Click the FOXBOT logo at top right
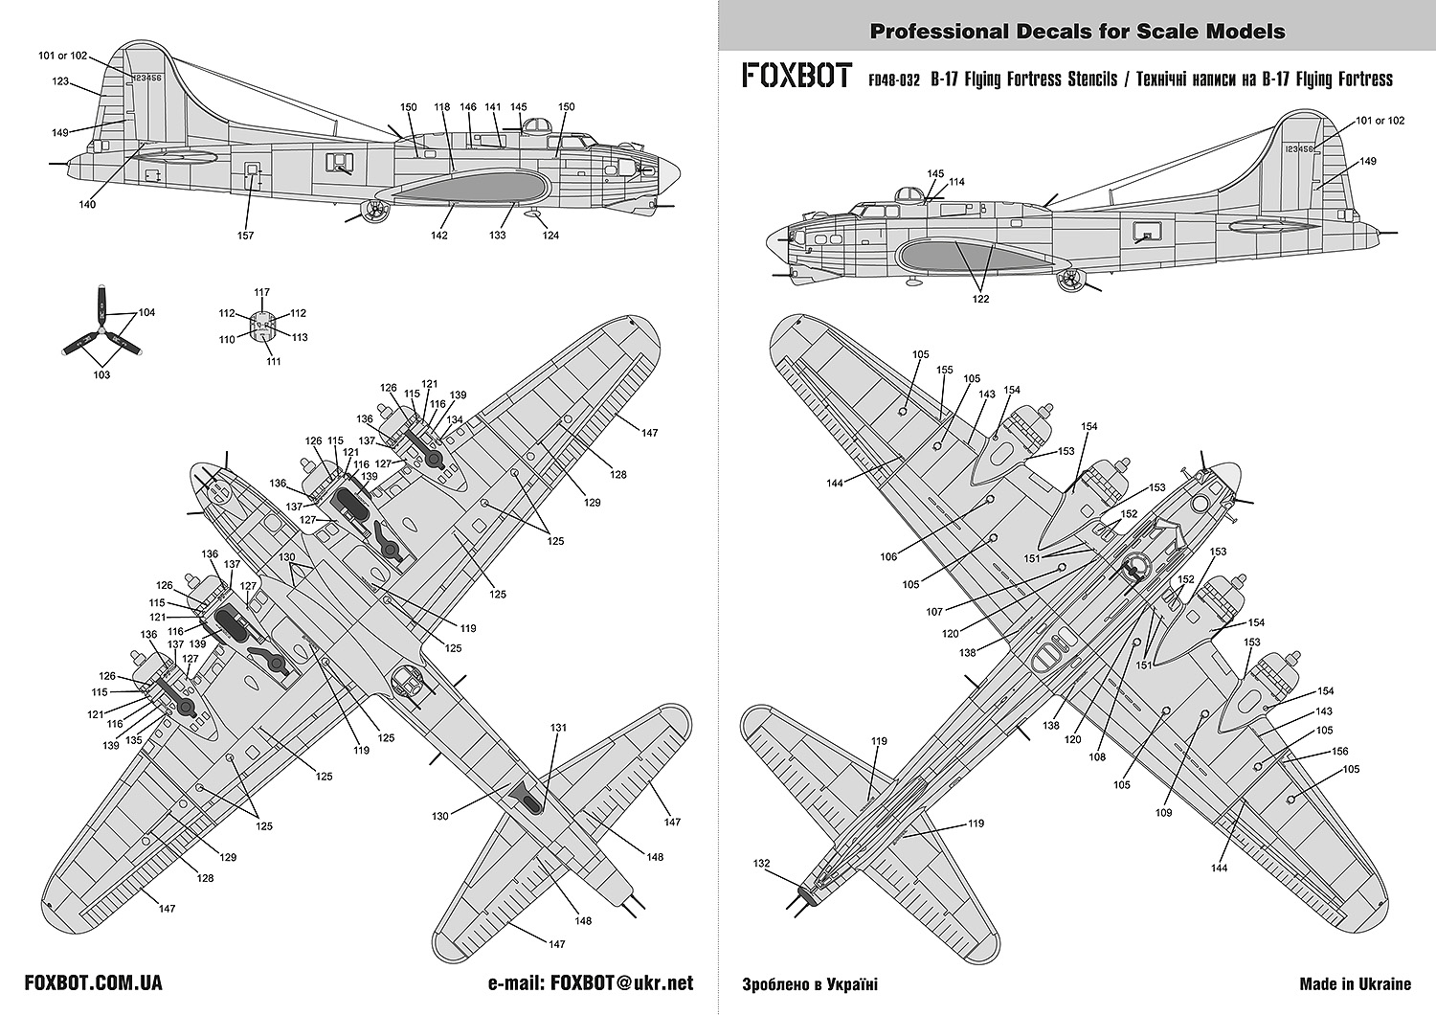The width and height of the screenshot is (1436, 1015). tap(797, 77)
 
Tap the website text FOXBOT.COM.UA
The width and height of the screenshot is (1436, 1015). tap(93, 983)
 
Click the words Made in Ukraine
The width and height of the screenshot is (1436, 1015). tap(1355, 983)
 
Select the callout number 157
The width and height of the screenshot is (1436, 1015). tap(246, 236)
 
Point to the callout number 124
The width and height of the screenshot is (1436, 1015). tap(550, 236)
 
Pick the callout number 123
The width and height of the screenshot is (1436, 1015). tap(61, 82)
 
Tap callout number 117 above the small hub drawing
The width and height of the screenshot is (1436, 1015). tap(262, 293)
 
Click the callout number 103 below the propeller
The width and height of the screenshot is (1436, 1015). tap(101, 374)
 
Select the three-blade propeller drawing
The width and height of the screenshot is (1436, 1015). tap(99, 332)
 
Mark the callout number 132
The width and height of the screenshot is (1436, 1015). tap(761, 863)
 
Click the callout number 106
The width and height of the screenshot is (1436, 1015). tap(888, 556)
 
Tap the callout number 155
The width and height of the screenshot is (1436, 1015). tap(945, 370)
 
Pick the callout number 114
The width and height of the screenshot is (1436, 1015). tap(956, 182)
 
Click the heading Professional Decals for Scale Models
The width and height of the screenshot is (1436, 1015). tap(1077, 32)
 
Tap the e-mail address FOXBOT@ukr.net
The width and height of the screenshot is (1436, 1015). tap(591, 983)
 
